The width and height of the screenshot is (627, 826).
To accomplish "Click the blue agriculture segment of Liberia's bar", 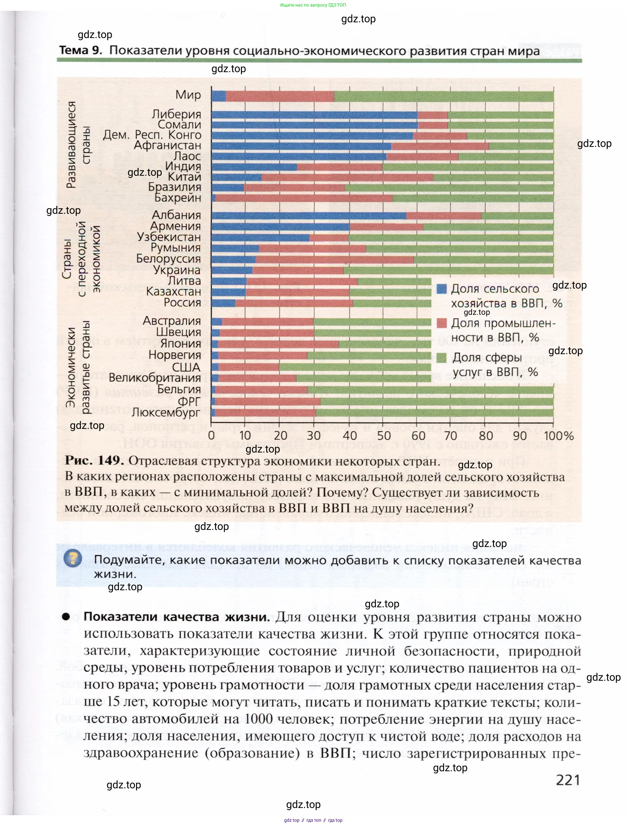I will click(314, 115).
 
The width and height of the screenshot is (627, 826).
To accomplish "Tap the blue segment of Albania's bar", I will click(308, 215).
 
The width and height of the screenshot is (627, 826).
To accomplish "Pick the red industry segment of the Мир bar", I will click(280, 96).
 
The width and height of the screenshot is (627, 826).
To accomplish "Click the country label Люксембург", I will click(166, 412).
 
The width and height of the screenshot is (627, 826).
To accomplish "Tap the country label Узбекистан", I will click(169, 237).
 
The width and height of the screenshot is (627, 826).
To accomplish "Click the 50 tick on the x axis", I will click(384, 436).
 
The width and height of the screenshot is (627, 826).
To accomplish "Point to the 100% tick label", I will click(559, 436).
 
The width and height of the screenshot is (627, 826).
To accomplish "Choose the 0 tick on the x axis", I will click(211, 436).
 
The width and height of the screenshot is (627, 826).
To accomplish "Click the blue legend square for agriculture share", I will click(441, 289).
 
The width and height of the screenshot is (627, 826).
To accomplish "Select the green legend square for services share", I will click(441, 358).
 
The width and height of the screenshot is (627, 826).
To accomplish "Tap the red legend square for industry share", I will click(441, 323).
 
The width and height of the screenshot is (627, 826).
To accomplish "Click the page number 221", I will click(568, 780).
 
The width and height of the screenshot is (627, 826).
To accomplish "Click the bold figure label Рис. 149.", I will click(94, 460).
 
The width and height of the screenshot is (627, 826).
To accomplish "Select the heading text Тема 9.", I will click(81, 50).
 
